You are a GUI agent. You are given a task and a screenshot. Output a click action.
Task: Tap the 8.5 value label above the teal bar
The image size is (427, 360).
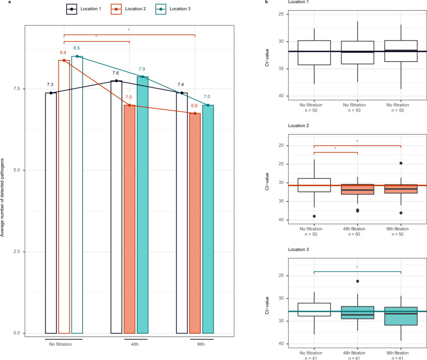pos(77,49)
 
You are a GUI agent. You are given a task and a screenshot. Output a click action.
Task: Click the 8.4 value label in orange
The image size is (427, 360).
pos(63,52)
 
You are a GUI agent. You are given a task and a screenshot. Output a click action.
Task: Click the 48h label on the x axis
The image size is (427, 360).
pos(136,345)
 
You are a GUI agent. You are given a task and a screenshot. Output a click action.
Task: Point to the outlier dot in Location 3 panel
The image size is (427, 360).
pos(358,281)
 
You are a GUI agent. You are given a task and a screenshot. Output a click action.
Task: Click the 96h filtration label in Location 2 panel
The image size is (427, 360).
pos(400,229)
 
